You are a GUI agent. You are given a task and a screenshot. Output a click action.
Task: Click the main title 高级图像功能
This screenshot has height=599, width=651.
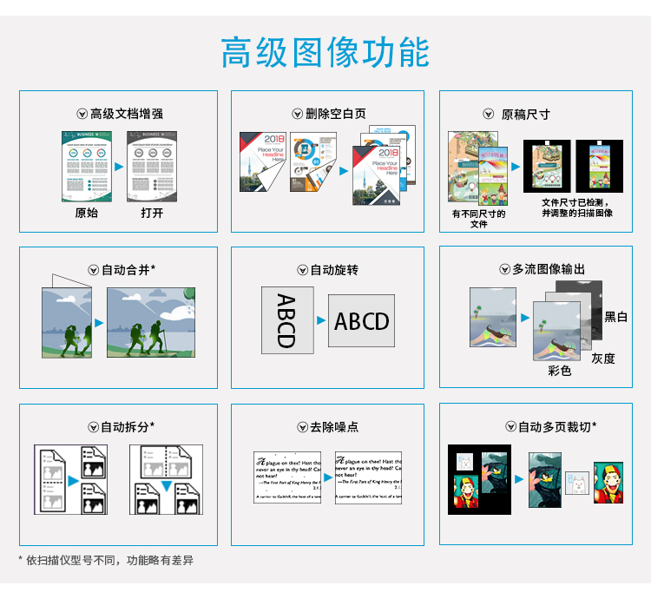[325, 52]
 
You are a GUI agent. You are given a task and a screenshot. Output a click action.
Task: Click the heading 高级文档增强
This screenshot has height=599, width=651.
[126, 114]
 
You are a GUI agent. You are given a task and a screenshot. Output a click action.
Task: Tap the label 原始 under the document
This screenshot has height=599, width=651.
[87, 213]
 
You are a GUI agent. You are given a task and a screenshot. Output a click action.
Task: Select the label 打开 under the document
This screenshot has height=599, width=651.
[152, 213]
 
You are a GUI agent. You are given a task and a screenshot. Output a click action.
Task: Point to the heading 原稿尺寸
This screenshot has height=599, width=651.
[525, 114]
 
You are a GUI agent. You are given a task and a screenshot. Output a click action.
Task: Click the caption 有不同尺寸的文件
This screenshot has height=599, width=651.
[478, 218]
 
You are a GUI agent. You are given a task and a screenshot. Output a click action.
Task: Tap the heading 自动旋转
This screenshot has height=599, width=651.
[334, 270]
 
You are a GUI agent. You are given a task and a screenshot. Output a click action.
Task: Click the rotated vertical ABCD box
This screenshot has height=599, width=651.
[287, 320]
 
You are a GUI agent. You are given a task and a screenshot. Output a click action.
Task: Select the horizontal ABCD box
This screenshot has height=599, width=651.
[362, 321]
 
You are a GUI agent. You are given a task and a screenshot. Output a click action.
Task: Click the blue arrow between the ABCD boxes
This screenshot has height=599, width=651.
[320, 321]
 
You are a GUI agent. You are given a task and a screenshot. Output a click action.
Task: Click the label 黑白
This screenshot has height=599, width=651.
[616, 317]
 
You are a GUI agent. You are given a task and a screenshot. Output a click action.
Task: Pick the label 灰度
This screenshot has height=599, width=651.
[603, 358]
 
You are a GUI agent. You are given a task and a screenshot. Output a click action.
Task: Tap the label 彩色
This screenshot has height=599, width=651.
[560, 371]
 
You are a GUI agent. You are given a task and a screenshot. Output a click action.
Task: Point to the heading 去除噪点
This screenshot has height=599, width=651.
[334, 426]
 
